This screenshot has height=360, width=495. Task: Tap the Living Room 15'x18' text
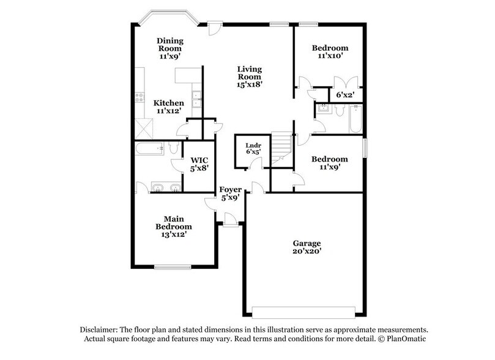(250, 77)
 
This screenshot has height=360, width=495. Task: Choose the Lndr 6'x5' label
(250, 149)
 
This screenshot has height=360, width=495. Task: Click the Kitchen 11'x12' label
(168, 107)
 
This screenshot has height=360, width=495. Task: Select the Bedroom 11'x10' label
(330, 52)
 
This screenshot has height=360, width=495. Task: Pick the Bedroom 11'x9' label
(330, 163)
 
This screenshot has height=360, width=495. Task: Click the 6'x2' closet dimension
(346, 94)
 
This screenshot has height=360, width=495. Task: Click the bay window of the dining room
(167, 18)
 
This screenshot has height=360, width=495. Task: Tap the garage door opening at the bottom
(304, 308)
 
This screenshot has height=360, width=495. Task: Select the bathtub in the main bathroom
(150, 148)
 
